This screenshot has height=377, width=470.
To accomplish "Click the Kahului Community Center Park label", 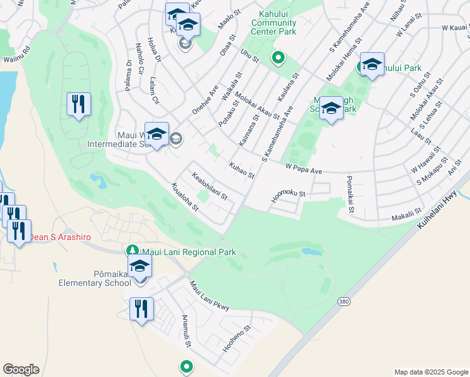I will tap(273, 23).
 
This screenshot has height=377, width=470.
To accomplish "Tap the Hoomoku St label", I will tap(288, 195).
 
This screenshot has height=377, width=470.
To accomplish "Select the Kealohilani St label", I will tap(209, 187).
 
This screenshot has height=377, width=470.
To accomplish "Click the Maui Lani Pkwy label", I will tap(209, 295).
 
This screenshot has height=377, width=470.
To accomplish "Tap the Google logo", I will tap(21, 369).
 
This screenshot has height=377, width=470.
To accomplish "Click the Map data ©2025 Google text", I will tap(430, 372).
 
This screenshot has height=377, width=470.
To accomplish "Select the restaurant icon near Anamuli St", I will tap(141, 309).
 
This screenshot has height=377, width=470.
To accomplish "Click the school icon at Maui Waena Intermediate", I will tap(156, 133).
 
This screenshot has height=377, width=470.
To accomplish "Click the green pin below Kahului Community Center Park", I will tap(278, 59).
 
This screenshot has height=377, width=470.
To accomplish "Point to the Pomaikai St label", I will tap(350, 194).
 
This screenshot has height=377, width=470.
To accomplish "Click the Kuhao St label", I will tap(241, 170).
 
